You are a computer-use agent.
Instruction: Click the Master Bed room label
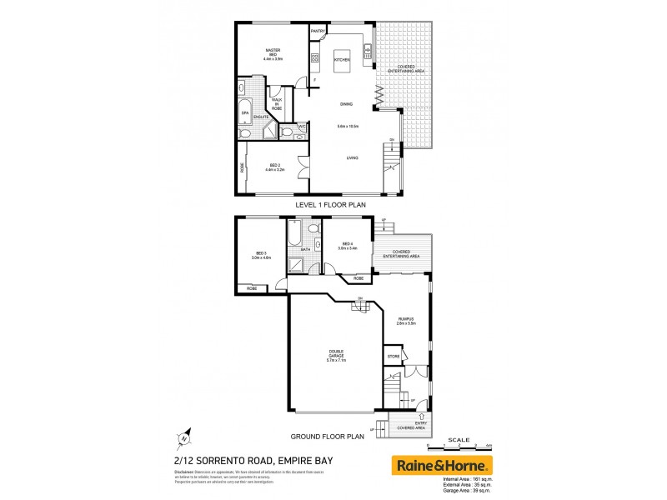point(273,54)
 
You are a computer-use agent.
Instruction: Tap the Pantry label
point(318,32)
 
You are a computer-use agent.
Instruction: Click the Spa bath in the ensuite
point(245,112)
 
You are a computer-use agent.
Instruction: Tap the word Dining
point(346,104)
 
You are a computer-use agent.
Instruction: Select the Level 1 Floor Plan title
point(331,203)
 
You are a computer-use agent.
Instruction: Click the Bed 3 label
point(261,255)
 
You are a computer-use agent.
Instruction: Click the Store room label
point(394,357)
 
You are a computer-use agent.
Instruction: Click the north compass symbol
point(184,436)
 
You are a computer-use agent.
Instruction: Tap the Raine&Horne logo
point(442,465)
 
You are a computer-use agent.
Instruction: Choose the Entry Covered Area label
point(413,425)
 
